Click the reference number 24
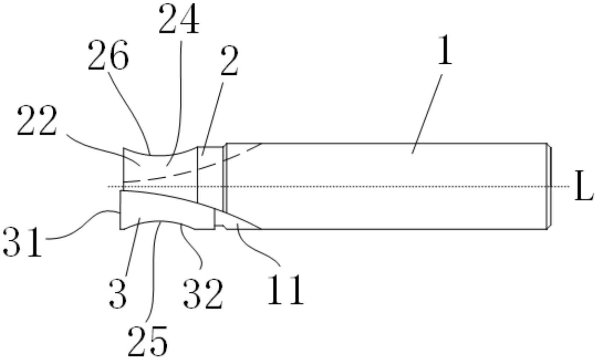point(179,19)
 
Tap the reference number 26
point(108,55)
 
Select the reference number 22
point(36,121)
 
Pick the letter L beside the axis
point(583,186)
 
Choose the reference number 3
point(118,293)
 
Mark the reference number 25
point(147,341)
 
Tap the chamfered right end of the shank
point(549,186)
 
